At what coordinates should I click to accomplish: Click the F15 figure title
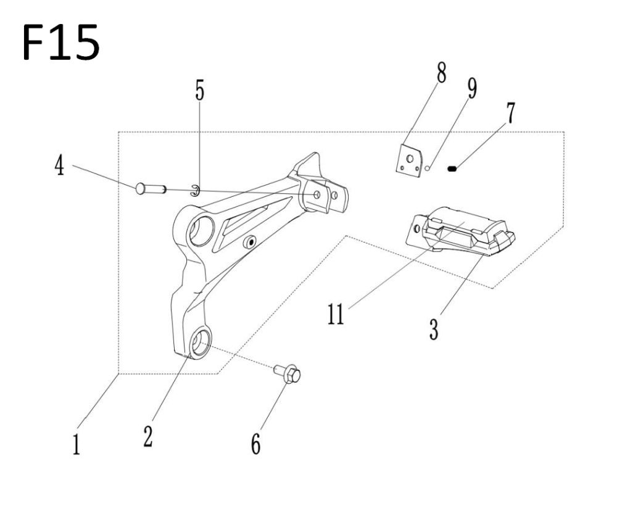pos(60,41)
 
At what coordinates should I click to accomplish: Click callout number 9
pos(471,89)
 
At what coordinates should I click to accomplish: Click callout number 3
pos(434,326)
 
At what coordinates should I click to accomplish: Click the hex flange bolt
pos(288,373)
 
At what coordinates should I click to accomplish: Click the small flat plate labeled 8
pos(410,160)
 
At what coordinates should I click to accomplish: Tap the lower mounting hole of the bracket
pos(199,342)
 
